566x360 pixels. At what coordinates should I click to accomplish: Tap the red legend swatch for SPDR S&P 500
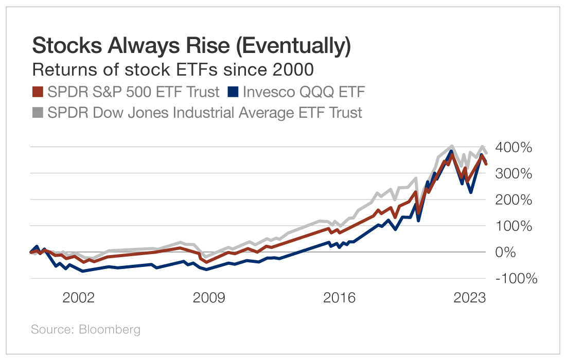pos(38,92)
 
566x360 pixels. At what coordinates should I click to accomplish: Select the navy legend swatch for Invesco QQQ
pos(233,92)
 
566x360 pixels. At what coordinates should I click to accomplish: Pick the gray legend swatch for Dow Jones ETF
pos(38,112)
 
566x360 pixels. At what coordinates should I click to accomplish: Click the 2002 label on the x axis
pos(79,298)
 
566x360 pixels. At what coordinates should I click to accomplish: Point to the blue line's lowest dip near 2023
pos(470,192)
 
